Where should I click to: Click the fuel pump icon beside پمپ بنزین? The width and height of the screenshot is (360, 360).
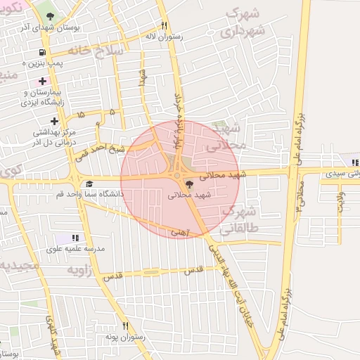[x=43, y=52]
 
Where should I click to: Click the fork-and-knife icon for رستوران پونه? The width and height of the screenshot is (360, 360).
[x=125, y=326]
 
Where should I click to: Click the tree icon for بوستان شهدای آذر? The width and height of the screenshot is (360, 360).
[x=51, y=14]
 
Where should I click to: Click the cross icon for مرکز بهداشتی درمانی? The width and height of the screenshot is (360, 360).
[x=54, y=121]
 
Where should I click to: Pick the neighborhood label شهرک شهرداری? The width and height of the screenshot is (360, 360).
[x=242, y=23]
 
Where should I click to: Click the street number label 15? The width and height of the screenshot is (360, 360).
[x=81, y=112]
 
